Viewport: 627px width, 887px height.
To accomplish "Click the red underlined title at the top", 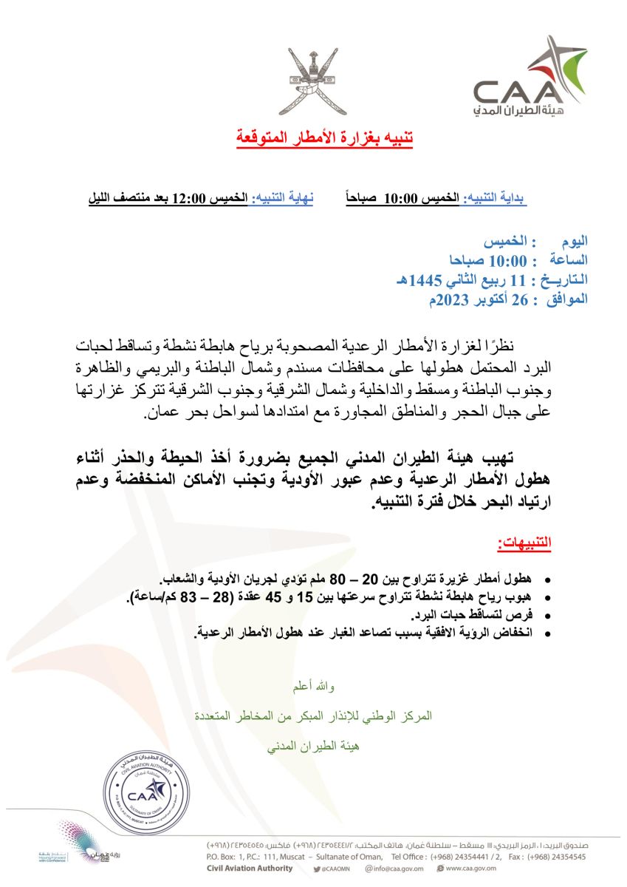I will point(324,137).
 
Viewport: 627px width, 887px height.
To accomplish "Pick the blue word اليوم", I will point(574,242).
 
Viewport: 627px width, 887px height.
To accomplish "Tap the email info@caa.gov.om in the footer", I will point(398,869).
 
